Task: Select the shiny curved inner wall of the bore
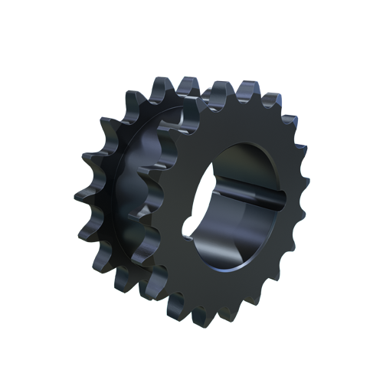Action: coord(222,245)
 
